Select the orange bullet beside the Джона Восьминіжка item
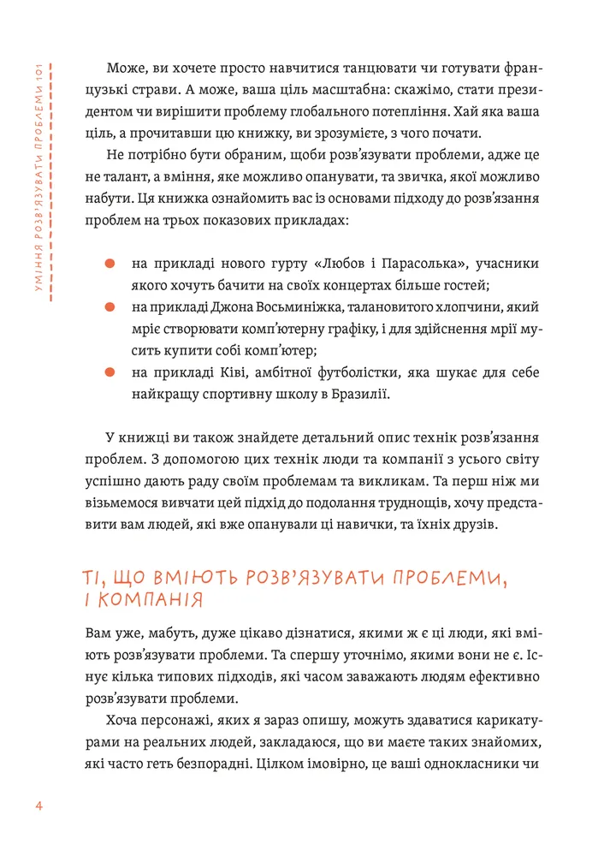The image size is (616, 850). [110, 306]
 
